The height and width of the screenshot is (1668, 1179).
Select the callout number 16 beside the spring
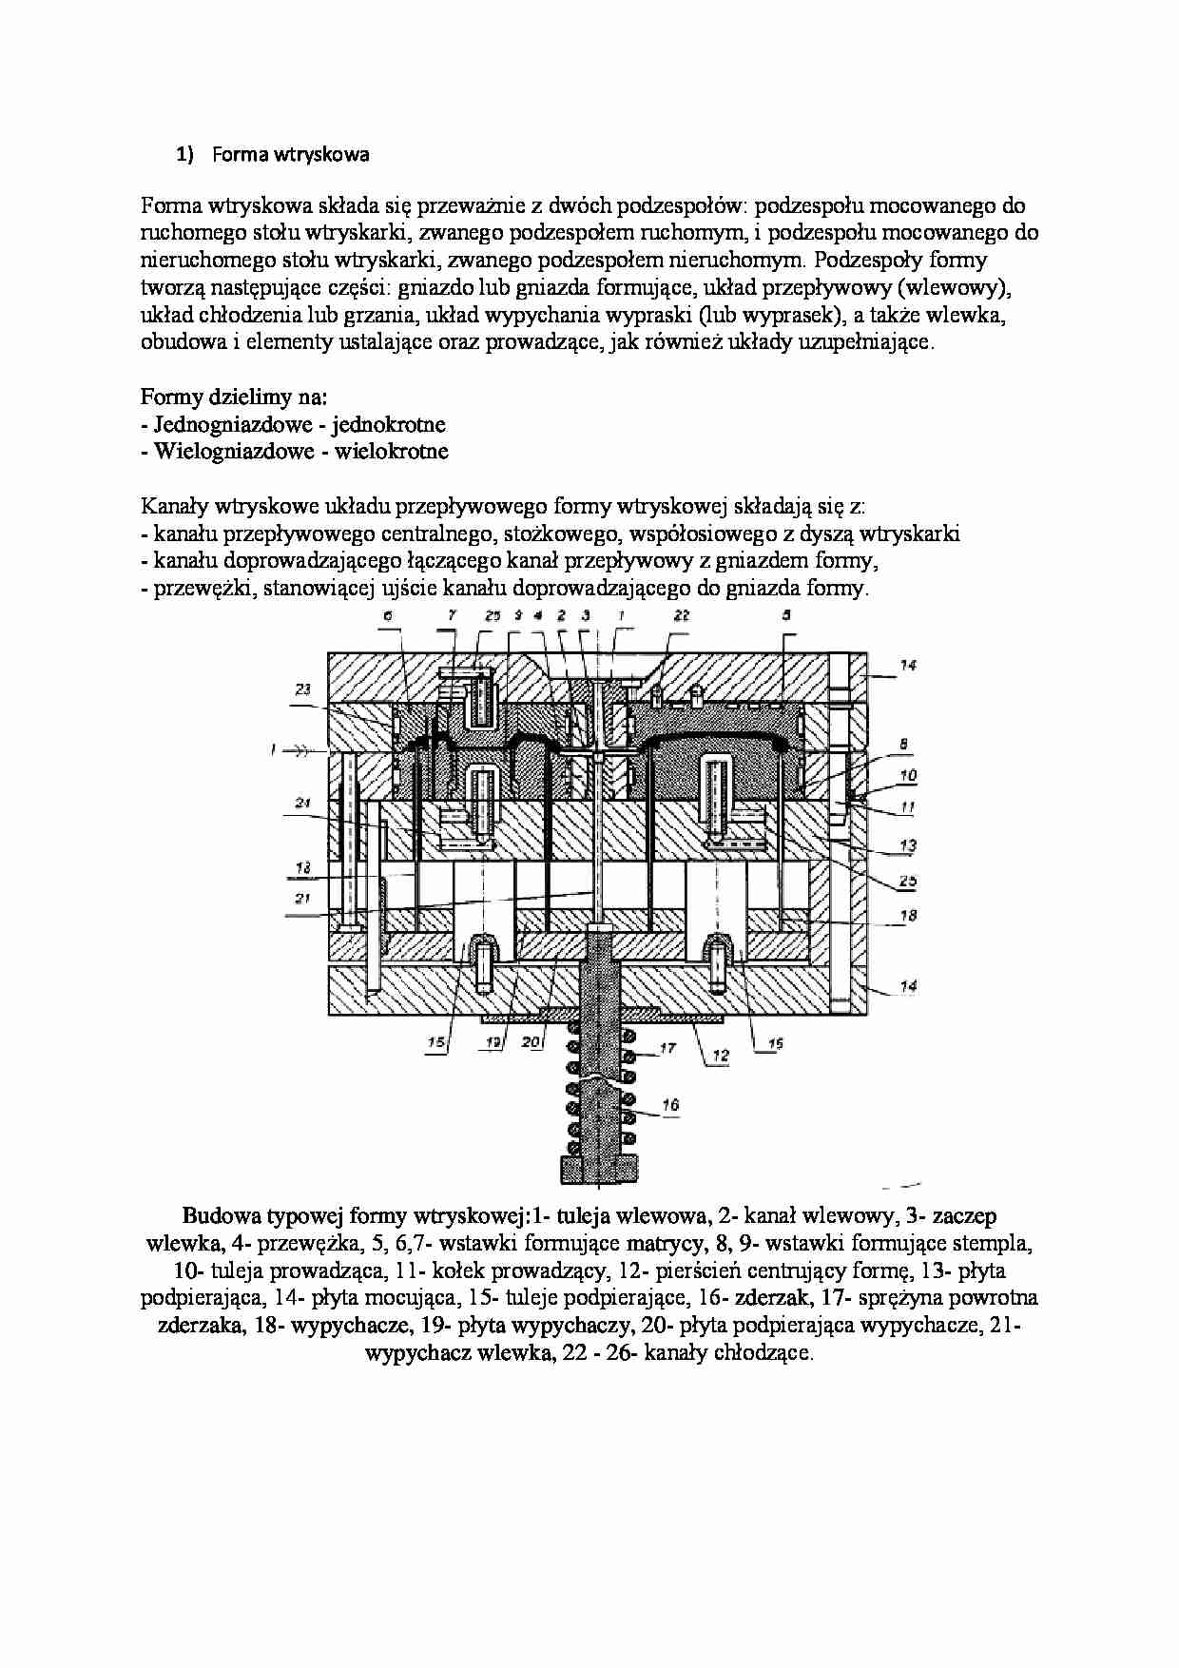(670, 1105)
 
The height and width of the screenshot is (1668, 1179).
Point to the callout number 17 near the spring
(667, 1049)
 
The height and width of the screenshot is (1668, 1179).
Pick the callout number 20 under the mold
(532, 1043)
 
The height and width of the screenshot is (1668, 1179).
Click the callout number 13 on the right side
(908, 844)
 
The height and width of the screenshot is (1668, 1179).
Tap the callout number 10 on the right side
(908, 775)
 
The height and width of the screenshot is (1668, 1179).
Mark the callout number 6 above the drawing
(388, 616)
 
